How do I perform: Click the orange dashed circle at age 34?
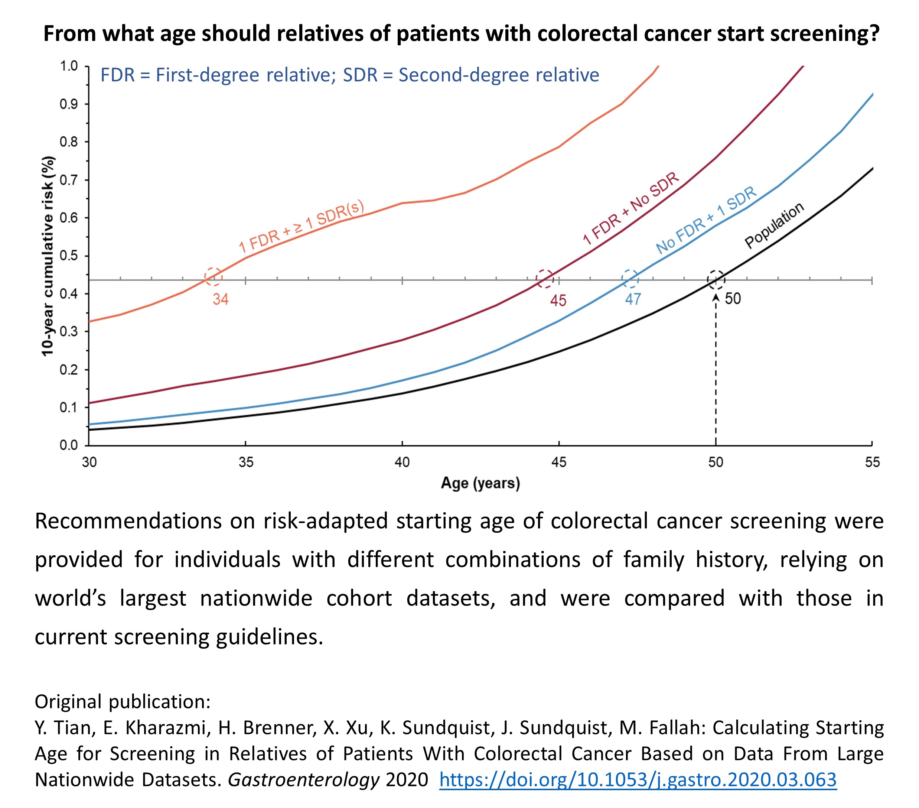(213, 277)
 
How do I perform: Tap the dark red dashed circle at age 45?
(545, 279)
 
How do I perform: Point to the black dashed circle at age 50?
(716, 279)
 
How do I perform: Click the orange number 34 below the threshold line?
(220, 299)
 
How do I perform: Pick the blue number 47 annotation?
(633, 299)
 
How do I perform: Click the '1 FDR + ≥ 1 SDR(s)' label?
(301, 226)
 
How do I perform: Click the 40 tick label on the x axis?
(402, 462)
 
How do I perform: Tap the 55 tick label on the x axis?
(872, 462)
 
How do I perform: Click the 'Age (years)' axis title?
(480, 483)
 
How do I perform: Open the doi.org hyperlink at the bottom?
(638, 779)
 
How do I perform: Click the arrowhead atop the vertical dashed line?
(716, 297)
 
